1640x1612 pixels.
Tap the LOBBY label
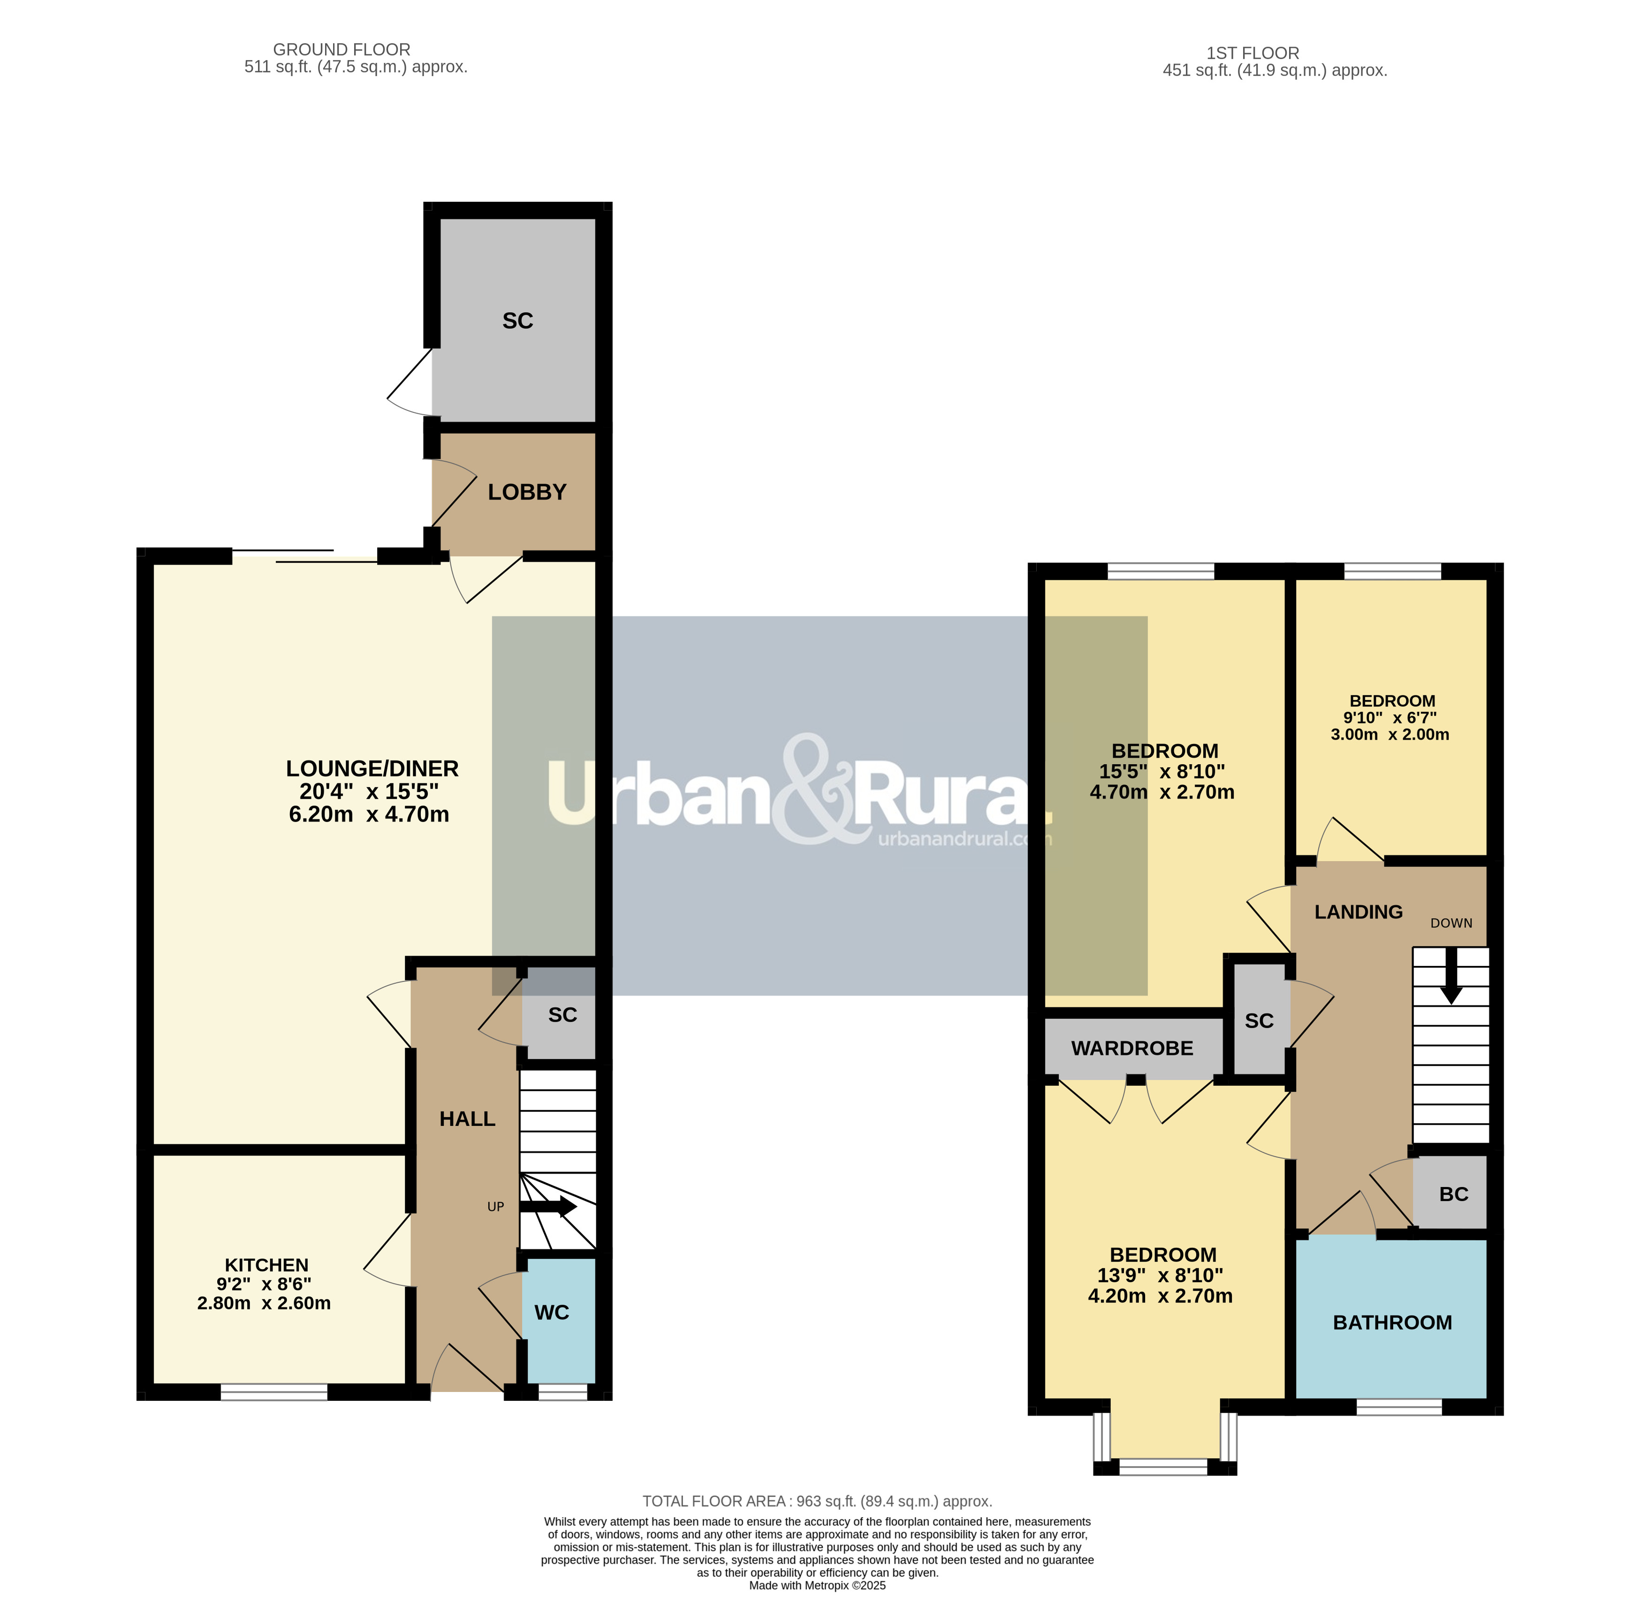point(527,492)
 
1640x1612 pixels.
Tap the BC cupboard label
point(1454,1194)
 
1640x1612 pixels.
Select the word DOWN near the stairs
point(1451,923)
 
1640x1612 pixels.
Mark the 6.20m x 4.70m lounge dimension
point(369,814)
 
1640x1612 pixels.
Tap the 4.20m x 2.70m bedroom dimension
point(1160,1296)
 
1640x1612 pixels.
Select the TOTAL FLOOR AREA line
point(817,1501)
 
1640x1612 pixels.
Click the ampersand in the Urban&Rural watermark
point(817,789)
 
